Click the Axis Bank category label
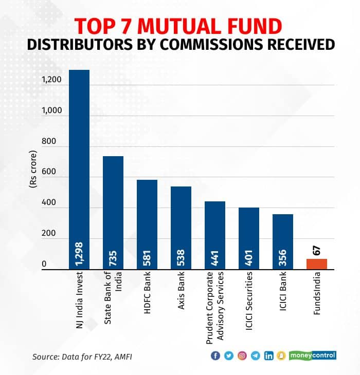pos(181,295)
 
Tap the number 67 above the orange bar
pos(317,250)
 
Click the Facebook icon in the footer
pos(215,355)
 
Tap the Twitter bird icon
pos(228,355)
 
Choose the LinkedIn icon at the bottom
pos(268,355)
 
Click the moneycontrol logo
pos(312,355)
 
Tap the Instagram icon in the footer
pos(242,355)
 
